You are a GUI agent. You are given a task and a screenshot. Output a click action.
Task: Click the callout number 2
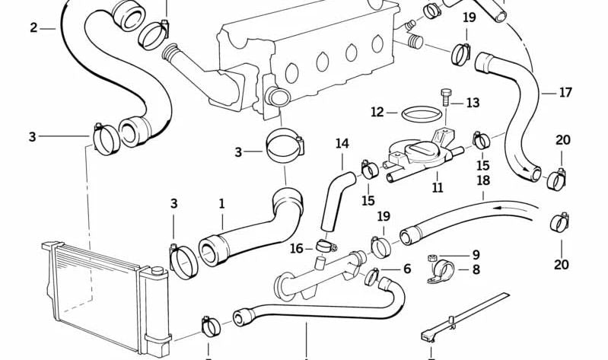33,28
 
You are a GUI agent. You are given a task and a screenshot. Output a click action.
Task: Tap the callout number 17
565,93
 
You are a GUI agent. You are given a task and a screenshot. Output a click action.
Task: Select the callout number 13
473,103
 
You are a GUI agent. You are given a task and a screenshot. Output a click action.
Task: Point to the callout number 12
377,113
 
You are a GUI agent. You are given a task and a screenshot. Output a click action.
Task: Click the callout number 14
342,144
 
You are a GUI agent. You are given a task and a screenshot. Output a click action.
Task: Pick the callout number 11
438,188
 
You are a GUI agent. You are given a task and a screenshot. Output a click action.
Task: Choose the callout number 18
483,180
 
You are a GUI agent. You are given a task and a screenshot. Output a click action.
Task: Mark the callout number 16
297,249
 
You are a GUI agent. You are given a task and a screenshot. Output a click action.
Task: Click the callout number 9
476,255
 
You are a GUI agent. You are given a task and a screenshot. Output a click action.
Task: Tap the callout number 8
476,269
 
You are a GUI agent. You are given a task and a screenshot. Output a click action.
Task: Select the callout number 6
407,269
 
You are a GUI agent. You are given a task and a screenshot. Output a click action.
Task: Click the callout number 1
221,204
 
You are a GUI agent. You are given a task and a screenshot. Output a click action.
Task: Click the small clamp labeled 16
326,246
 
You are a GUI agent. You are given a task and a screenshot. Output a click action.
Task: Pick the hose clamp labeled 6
372,276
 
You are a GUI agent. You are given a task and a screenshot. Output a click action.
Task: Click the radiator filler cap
157,270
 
